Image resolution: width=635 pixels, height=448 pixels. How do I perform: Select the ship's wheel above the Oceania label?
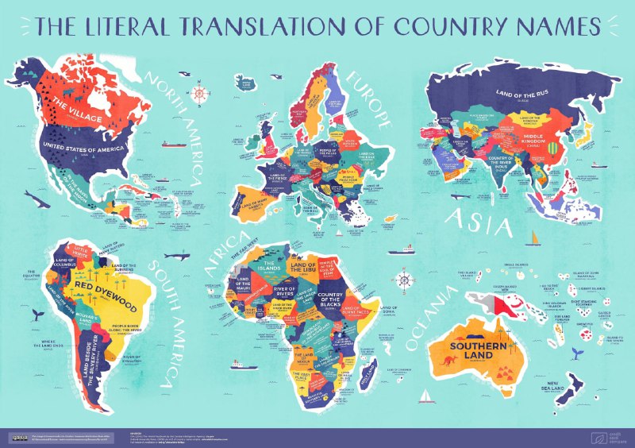click(403, 280)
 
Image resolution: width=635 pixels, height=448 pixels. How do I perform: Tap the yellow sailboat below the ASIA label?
click(537, 237)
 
